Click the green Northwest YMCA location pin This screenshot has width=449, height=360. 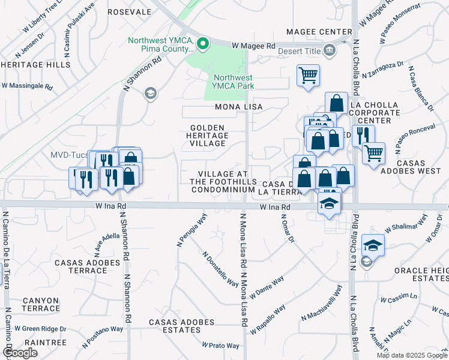tap(203, 43)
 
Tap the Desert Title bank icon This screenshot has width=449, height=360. tap(330, 51)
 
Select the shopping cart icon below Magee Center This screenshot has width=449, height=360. tap(308, 76)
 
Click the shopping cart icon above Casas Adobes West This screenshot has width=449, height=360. tap(373, 154)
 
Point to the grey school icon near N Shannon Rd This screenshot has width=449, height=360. tap(149, 92)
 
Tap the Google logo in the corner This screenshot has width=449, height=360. tap(20, 353)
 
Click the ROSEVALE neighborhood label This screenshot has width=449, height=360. tap(129, 12)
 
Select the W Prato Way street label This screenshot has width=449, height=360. tap(221, 346)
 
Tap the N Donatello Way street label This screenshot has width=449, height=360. tap(220, 269)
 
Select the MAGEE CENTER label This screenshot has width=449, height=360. tap(319, 32)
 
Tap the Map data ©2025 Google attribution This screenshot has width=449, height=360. tap(412, 355)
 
